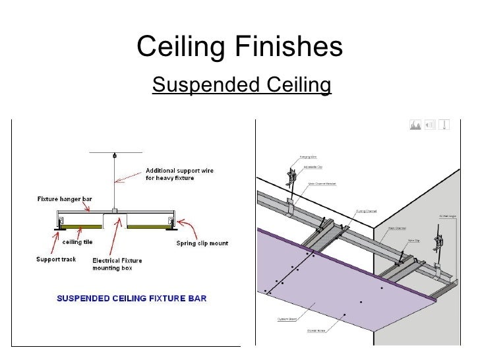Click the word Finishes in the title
[x=287, y=45]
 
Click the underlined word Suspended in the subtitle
[x=198, y=85]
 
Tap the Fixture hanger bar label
[x=67, y=198]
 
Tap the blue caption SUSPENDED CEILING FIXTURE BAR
[x=131, y=297]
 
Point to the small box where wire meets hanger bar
[x=115, y=210]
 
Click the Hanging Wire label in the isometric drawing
[x=309, y=156]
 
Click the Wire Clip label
[x=415, y=241]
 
